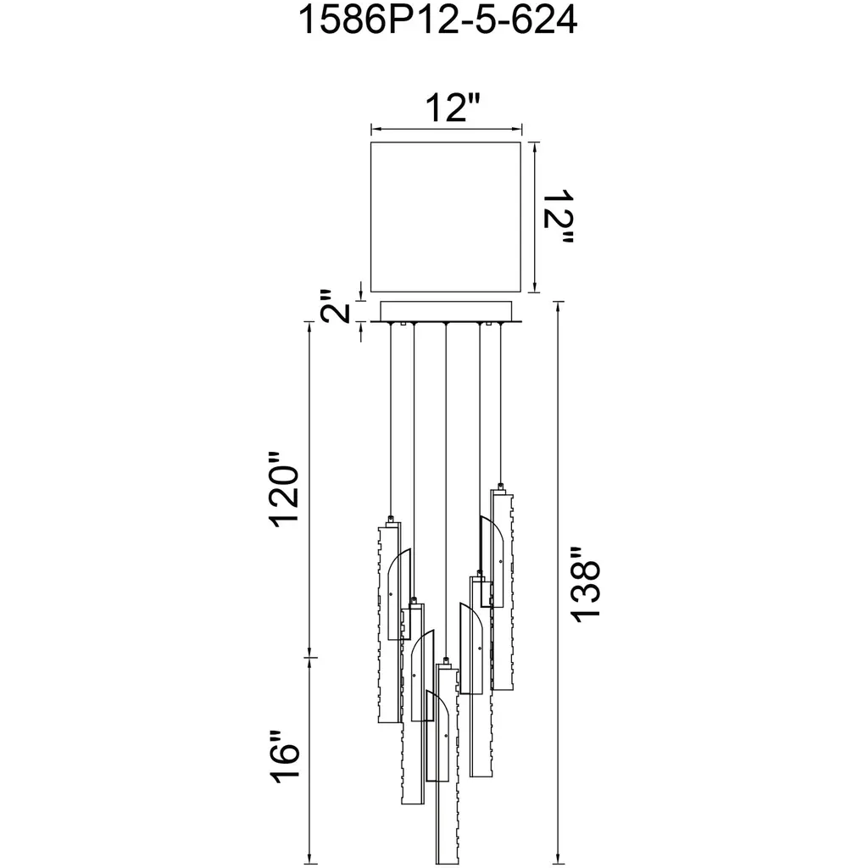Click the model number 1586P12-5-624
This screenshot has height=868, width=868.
coord(438,20)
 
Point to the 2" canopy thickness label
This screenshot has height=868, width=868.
coord(336,305)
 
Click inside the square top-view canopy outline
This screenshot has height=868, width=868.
coord(446,216)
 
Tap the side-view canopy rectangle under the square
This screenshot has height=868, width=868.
coord(446,311)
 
